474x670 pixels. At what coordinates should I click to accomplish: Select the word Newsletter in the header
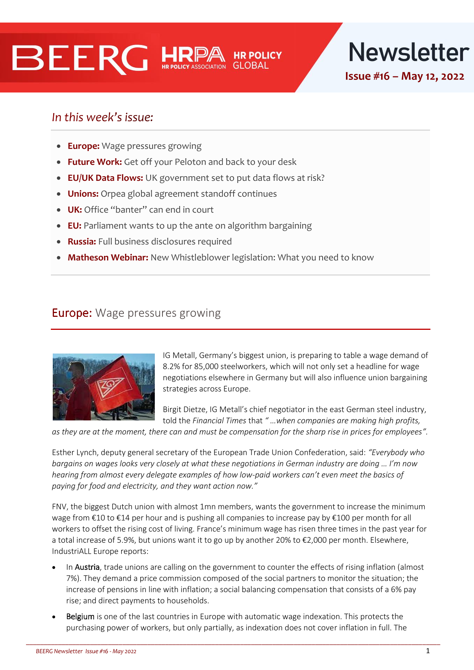[x=409, y=52]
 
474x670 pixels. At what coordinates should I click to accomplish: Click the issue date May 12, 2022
[x=432, y=76]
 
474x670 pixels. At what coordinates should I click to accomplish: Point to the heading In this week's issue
[x=102, y=117]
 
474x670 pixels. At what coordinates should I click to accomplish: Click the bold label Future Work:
[x=94, y=162]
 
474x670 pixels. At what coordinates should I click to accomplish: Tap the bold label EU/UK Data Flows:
[x=105, y=178]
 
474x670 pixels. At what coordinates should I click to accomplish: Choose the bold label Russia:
[x=82, y=242]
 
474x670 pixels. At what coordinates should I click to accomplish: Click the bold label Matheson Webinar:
[x=108, y=258]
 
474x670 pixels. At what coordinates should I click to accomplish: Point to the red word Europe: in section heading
[x=72, y=313]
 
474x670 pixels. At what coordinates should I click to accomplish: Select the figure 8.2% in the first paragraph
[x=171, y=367]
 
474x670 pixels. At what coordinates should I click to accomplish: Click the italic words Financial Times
[x=219, y=421]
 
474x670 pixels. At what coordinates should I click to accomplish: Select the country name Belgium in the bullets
[x=80, y=616]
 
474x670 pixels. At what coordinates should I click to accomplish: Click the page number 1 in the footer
[x=428, y=651]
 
